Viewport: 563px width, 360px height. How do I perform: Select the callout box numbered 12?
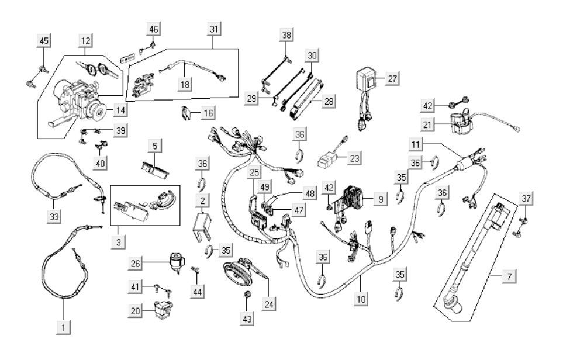pyautogui.click(x=87, y=40)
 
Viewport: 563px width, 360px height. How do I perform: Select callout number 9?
pyautogui.click(x=380, y=199)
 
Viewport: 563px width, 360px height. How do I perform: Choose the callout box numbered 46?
pyautogui.click(x=153, y=29)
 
